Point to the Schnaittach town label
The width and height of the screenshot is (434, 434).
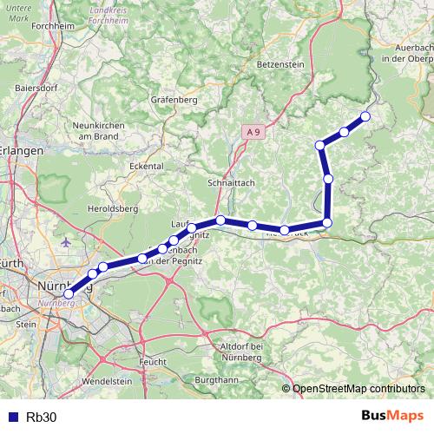tap(230, 183)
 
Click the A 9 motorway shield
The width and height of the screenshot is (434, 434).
tap(252, 131)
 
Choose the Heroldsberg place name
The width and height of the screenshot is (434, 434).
tap(110, 209)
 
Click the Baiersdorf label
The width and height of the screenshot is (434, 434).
tap(36, 89)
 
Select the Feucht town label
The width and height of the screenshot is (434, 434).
tap(153, 359)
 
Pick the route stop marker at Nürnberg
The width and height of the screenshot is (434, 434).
tap(69, 293)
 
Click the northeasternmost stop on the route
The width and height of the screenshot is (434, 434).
tap(365, 116)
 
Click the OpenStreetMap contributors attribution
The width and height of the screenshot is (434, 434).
tap(358, 389)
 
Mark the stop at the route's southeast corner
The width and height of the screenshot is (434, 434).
tap(327, 223)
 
